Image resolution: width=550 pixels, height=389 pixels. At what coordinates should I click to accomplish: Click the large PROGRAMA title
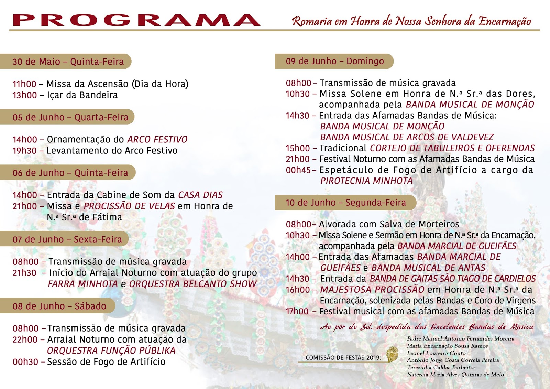coord(136,21)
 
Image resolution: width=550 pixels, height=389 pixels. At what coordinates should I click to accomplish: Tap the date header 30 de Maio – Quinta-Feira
coord(68,62)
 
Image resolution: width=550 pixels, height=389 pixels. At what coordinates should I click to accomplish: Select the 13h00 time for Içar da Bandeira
coord(24,95)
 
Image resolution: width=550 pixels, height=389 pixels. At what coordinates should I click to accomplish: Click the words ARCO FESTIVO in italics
coord(157,139)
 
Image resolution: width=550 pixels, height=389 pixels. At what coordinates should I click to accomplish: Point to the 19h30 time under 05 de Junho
coord(24,151)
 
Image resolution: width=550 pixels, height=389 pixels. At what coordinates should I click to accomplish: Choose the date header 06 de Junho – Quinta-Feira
coord(70,173)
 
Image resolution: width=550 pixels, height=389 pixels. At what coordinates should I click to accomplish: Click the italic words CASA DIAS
coord(200,195)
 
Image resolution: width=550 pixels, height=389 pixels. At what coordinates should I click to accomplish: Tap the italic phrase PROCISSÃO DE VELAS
coord(129,206)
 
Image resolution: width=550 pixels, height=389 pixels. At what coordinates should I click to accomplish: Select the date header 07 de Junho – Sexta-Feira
coord(67,239)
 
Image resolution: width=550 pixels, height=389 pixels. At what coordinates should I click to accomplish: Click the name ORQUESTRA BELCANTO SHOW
coord(193,284)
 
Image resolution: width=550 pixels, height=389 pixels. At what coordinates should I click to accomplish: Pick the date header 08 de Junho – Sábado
coord(59,306)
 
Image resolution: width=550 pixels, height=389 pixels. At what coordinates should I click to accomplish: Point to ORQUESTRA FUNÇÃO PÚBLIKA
coord(111,350)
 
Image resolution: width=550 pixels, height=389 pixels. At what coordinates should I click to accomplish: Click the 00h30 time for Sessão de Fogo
coord(25,362)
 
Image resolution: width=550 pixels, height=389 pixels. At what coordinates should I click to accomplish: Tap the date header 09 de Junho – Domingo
coord(335,61)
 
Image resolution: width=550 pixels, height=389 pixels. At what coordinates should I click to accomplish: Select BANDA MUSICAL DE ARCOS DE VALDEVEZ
coord(407,137)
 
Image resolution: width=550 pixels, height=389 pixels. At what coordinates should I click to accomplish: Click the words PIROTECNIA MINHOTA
coord(366,181)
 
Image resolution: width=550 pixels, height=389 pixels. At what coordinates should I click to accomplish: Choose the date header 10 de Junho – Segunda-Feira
coord(345,203)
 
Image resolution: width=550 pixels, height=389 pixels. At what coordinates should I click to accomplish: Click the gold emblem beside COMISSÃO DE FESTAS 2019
coord(392,354)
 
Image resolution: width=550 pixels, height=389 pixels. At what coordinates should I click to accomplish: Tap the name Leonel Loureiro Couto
coord(436,353)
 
